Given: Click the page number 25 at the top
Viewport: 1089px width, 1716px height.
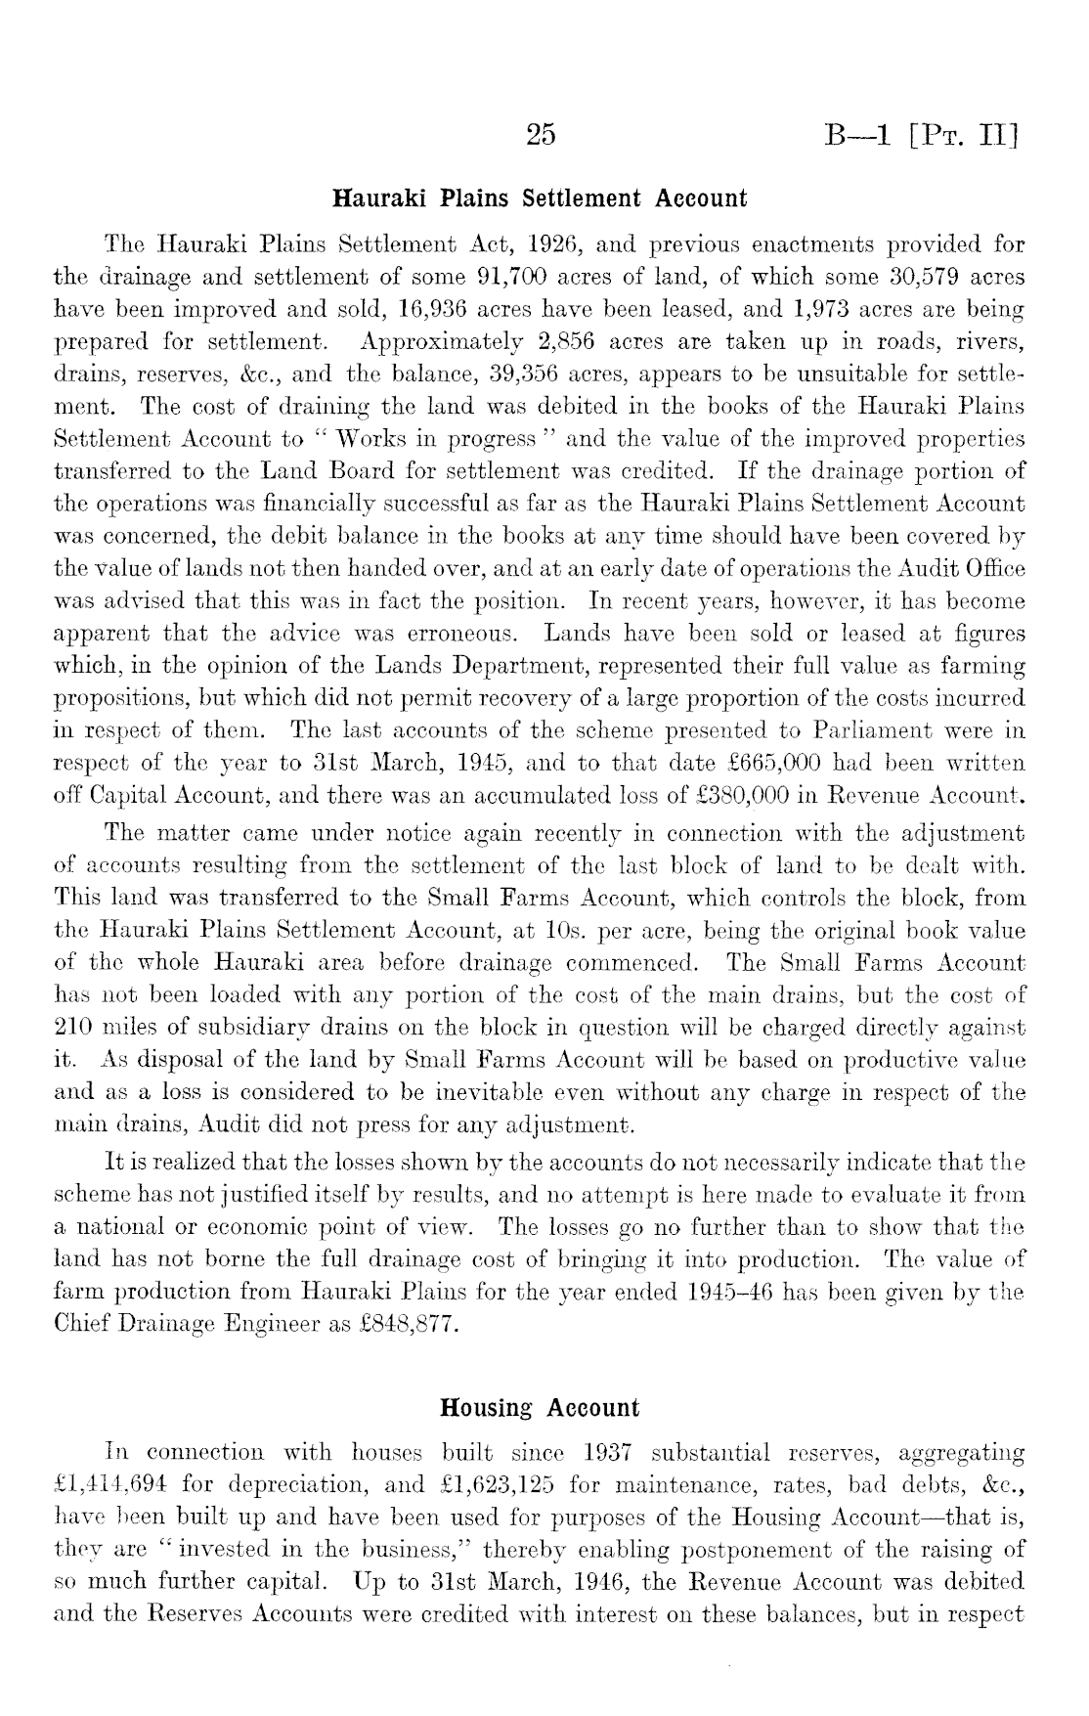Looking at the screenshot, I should point(541,133).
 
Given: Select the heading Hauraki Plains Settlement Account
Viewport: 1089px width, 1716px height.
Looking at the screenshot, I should point(541,198).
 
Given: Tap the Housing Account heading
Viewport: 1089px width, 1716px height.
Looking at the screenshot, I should point(540,1409).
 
